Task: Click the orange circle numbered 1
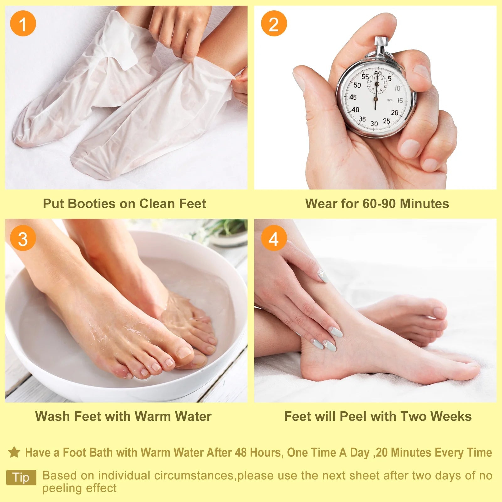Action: coord(23,24)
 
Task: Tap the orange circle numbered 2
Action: coord(274,24)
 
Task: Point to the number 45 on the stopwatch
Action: coord(353,97)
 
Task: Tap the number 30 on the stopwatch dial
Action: coord(374,124)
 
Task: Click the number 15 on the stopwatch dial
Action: coord(400,101)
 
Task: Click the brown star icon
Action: coord(14,452)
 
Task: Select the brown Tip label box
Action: coord(21,477)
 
